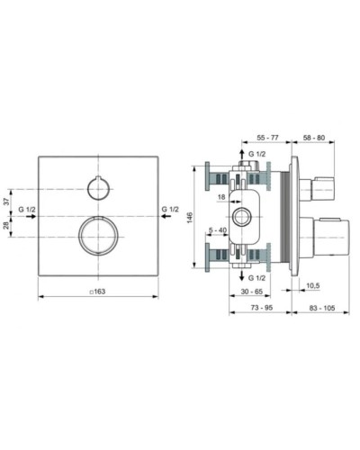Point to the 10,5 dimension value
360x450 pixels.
(x=313, y=285)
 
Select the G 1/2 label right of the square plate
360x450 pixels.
(x=170, y=211)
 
